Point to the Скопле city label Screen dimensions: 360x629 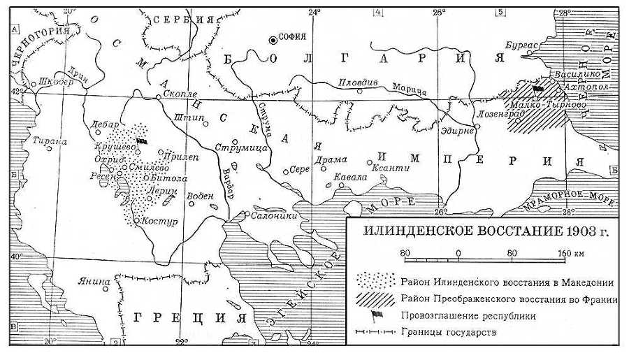(x=180, y=93)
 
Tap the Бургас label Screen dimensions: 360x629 (x=520, y=46)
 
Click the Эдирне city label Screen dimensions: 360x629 (x=459, y=131)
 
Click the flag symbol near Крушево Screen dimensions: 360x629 (x=142, y=141)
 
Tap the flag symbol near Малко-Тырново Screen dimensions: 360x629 (x=537, y=89)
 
